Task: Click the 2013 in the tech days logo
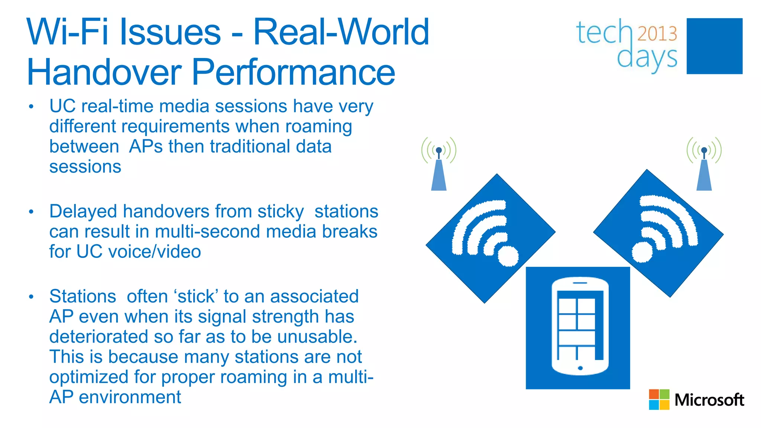(657, 34)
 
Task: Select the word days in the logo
(647, 58)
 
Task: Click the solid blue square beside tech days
(714, 46)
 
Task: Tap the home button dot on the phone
(580, 368)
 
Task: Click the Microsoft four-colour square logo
(659, 399)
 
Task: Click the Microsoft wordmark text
(709, 400)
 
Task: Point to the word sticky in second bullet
(281, 212)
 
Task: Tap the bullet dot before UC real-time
(31, 107)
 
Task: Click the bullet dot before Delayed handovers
(31, 212)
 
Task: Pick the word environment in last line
(130, 397)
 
